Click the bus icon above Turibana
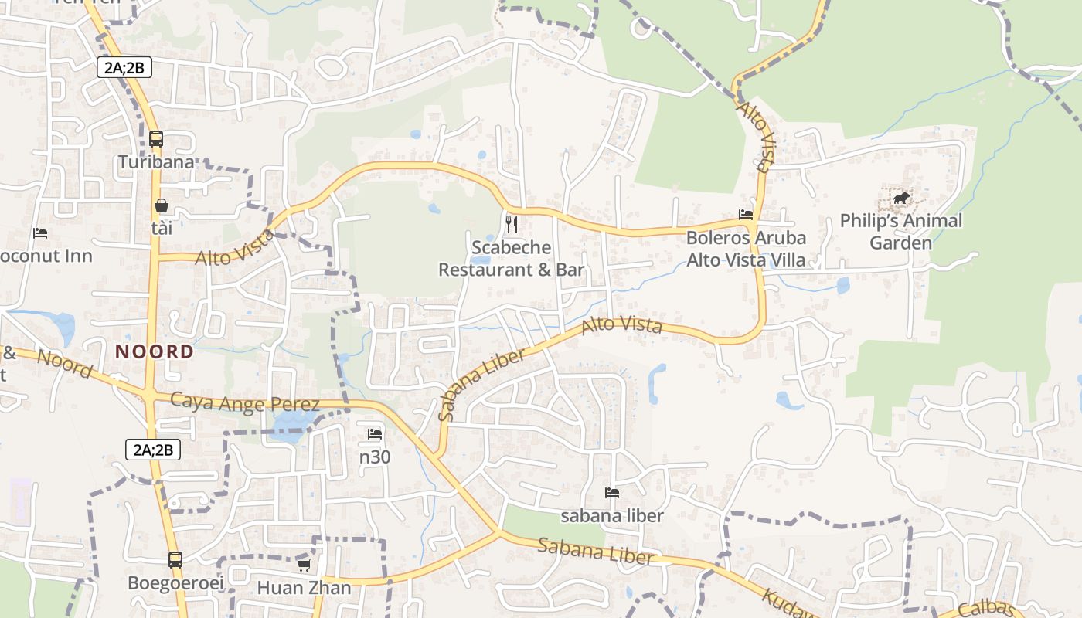pyautogui.click(x=156, y=139)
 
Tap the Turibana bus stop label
pyautogui.click(x=156, y=162)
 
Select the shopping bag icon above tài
pyautogui.click(x=162, y=205)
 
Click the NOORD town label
pyautogui.click(x=155, y=351)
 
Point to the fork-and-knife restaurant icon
pyautogui.click(x=511, y=225)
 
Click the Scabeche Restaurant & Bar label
pyautogui.click(x=511, y=259)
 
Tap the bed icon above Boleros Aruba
pyautogui.click(x=746, y=215)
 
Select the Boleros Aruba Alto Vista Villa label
pyautogui.click(x=746, y=249)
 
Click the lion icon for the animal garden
pyautogui.click(x=901, y=199)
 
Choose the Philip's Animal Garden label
pyautogui.click(x=901, y=232)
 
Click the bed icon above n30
pyautogui.click(x=375, y=433)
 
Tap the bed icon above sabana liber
pyautogui.click(x=612, y=492)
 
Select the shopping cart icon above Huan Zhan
pyautogui.click(x=304, y=565)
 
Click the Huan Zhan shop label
pyautogui.click(x=304, y=588)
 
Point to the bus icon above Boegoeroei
pyautogui.click(x=175, y=559)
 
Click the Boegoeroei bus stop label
pyautogui.click(x=175, y=582)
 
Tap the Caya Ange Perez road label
pyautogui.click(x=244, y=403)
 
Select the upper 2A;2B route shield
pyautogui.click(x=124, y=68)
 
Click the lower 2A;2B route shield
pyautogui.click(x=153, y=450)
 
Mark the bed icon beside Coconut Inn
pyautogui.click(x=40, y=233)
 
